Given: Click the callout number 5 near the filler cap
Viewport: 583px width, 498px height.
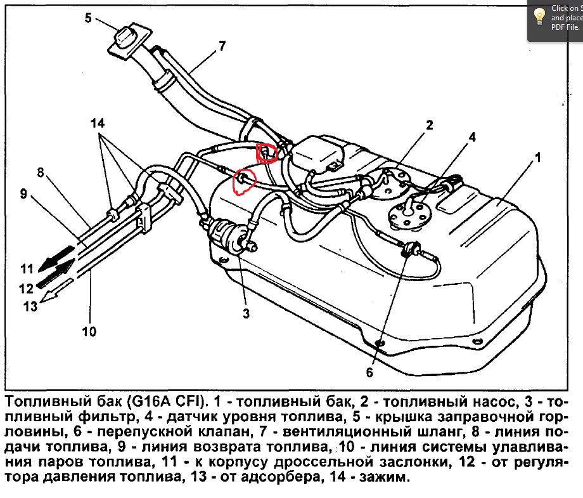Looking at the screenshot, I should coord(88,18).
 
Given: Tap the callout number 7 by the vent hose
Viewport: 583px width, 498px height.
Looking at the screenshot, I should coord(222,46).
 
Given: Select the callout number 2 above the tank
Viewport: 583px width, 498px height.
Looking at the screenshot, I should coord(429,125).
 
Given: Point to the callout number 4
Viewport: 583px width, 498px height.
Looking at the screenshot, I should coord(471,136).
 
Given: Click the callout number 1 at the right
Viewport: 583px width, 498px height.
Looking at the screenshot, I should coord(538,157).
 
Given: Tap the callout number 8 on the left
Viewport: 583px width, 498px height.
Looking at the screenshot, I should coord(40,172).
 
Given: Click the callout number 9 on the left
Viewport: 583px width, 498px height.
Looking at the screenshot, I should coord(23,193).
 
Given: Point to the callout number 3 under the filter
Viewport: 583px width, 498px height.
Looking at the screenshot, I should coord(246,313).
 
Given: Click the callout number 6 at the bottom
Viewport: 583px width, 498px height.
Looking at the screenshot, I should coord(370,372).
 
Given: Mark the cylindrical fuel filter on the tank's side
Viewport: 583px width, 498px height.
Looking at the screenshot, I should coord(229,233).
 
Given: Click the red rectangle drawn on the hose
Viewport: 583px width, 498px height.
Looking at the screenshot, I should coord(266,153).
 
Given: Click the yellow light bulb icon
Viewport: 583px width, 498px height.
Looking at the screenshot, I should coord(539,16).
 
